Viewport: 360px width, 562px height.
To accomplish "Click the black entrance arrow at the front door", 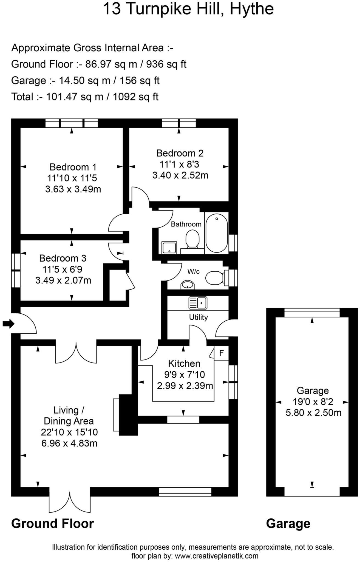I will (x=8, y=324).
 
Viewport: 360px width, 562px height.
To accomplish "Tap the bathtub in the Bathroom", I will (x=216, y=233).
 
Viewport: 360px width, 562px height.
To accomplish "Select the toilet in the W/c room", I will (x=215, y=278).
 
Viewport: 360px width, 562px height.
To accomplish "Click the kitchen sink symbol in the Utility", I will (x=198, y=303).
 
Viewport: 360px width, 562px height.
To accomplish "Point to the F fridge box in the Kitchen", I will (x=222, y=353).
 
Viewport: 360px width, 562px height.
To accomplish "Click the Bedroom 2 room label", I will (x=180, y=153).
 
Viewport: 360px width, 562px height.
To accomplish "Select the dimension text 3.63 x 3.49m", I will (x=73, y=189).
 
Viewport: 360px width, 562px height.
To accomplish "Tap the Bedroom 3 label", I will (x=63, y=258).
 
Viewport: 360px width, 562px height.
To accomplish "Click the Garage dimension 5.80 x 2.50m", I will (x=313, y=413).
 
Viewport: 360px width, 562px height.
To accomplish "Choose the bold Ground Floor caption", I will (x=52, y=524).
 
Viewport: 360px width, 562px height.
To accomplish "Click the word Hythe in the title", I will (x=251, y=9).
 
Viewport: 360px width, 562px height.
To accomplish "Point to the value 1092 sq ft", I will (x=135, y=97).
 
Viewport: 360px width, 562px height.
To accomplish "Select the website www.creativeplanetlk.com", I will (x=216, y=556).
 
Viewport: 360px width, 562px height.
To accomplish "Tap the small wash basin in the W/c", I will (x=188, y=285).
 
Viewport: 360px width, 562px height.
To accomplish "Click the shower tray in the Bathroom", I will (x=169, y=247).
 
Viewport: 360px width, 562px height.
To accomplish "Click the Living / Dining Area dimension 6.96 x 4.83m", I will (x=69, y=443).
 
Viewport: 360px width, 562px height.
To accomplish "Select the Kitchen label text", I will (x=184, y=363).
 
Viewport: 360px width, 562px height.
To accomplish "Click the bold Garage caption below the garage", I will (x=288, y=524).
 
